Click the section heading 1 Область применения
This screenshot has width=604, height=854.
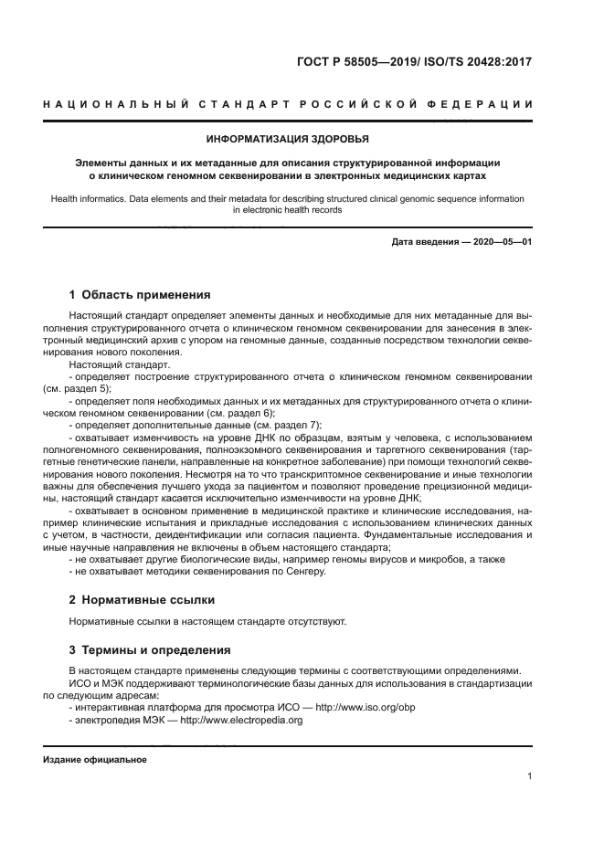pos(140,295)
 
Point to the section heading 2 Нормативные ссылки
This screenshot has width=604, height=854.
pos(143,599)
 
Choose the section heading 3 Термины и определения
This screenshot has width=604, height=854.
pos(150,649)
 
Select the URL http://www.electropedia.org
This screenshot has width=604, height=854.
pos(241,720)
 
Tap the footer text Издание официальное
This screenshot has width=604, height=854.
pos(95,760)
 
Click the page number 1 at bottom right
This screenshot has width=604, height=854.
pos(530,777)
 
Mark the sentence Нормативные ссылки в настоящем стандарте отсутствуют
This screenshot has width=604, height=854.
pos(208,621)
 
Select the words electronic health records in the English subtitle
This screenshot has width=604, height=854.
pos(292,209)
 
